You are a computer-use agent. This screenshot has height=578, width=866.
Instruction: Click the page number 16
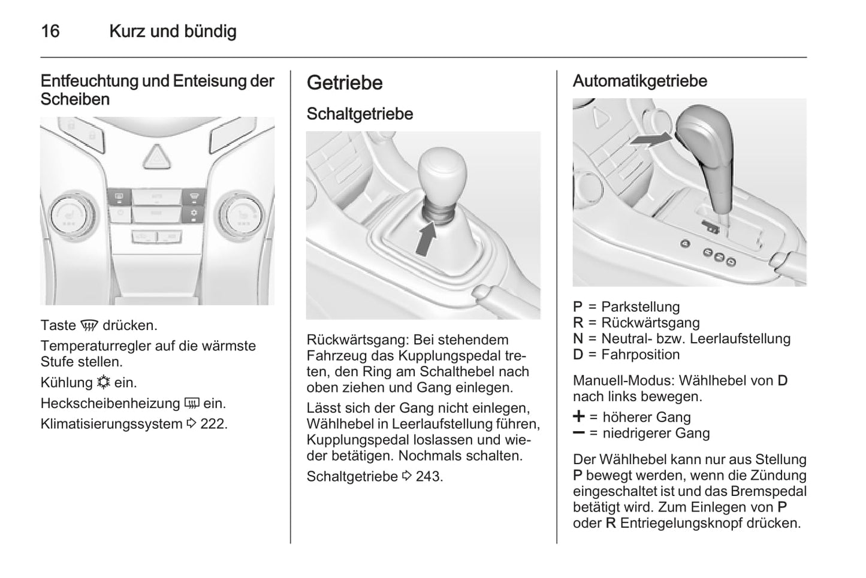click(50, 31)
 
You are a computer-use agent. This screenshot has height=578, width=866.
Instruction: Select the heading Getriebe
click(345, 83)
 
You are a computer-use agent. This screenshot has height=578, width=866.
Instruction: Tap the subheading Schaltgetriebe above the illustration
click(360, 114)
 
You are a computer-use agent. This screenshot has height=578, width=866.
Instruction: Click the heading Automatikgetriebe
click(639, 81)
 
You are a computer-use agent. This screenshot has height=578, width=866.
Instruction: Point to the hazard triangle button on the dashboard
click(157, 157)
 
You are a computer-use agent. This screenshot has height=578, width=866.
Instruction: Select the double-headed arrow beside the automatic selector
click(651, 140)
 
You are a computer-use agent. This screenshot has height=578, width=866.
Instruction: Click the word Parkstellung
click(640, 307)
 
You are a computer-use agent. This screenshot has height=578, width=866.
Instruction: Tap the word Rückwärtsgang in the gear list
click(650, 323)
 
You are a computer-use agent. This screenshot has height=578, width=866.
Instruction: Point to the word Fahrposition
click(640, 355)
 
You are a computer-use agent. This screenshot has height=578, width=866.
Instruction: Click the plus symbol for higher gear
click(579, 417)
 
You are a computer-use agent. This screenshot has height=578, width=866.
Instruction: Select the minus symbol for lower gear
click(579, 432)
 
